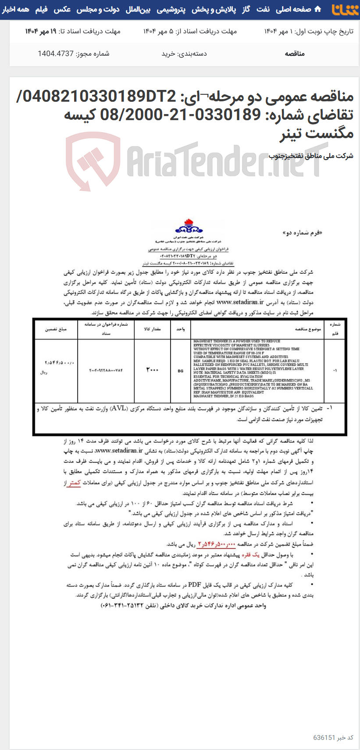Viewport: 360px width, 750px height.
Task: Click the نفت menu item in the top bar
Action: pyautogui.click(x=263, y=9)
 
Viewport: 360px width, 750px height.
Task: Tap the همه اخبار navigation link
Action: pyautogui.click(x=16, y=9)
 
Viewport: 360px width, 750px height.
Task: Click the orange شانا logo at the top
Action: pyautogui.click(x=345, y=10)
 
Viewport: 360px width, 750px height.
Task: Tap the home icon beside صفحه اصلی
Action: pyautogui.click(x=318, y=9)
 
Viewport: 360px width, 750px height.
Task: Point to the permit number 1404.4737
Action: pyautogui.click(x=55, y=54)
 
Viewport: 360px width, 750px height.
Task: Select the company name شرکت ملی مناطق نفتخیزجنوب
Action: pyautogui.click(x=311, y=156)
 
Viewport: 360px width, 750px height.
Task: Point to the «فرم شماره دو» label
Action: pyautogui.click(x=302, y=233)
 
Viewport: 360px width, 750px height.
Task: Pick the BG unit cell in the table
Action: pyautogui.click(x=180, y=371)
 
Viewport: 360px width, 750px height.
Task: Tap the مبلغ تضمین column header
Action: pyautogui.click(x=56, y=329)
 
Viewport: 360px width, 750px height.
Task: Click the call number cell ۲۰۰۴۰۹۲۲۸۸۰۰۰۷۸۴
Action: pyautogui.click(x=106, y=370)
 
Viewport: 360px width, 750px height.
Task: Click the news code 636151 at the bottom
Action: pyautogui.click(x=324, y=737)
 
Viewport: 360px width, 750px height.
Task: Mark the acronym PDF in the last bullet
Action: pyautogui.click(x=194, y=585)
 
